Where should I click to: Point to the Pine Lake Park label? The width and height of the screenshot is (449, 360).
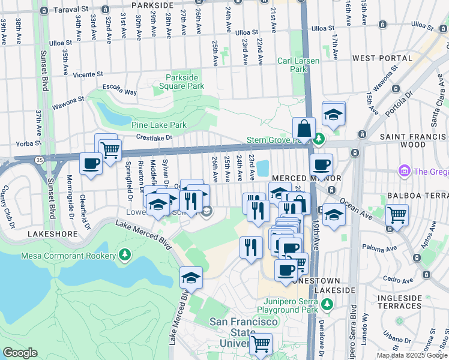(159, 125)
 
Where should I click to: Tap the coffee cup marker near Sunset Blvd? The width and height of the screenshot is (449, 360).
(91, 163)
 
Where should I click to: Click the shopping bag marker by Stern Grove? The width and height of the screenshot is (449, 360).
(304, 127)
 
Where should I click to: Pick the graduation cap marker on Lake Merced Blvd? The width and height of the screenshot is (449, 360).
(191, 278)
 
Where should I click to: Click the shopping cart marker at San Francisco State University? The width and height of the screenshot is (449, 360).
(261, 344)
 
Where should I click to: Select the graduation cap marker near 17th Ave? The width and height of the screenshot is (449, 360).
(333, 112)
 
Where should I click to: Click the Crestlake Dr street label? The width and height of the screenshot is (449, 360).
(153, 137)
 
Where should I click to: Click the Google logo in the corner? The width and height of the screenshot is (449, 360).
(19, 353)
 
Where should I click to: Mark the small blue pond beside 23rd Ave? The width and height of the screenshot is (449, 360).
(263, 169)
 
